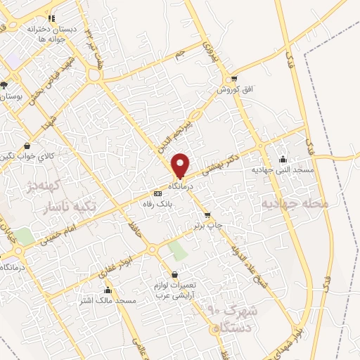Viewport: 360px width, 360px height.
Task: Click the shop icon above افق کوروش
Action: [x=233, y=79]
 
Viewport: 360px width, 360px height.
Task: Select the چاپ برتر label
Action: [x=209, y=226]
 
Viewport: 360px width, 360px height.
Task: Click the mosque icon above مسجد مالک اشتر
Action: [x=108, y=290]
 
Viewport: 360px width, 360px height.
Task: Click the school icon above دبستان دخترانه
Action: [x=51, y=18]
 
